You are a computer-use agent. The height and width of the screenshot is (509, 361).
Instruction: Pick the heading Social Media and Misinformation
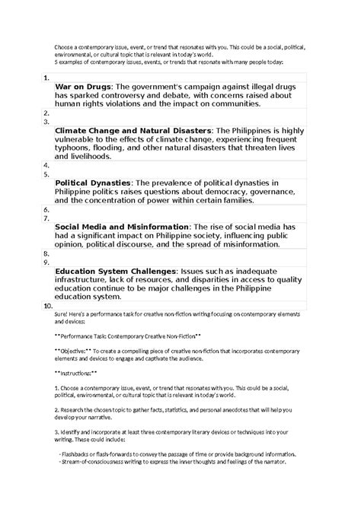tap(122, 227)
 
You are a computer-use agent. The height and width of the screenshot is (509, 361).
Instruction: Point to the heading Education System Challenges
tap(115, 271)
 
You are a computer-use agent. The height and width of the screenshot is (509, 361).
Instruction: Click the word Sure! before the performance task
tap(61, 314)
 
